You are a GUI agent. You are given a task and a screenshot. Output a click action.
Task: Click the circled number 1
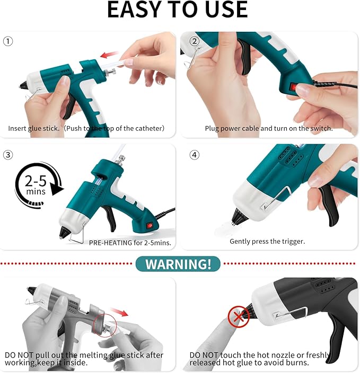pyautogui.click(x=8, y=41)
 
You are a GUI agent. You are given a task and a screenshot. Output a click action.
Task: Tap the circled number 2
pyautogui.click(x=195, y=41)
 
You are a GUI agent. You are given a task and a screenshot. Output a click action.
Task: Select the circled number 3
pyautogui.click(x=8, y=155)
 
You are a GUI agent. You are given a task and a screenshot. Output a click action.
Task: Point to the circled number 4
pyautogui.click(x=195, y=155)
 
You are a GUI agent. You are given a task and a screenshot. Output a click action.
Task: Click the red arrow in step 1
pyautogui.click(x=110, y=55)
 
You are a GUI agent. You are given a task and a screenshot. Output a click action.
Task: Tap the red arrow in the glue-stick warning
pyautogui.click(x=119, y=312)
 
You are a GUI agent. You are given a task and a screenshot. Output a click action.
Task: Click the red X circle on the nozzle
pyautogui.click(x=239, y=317)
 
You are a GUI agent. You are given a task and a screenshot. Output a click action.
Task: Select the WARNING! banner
pyautogui.click(x=178, y=264)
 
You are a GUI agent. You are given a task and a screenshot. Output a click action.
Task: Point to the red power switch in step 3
pyautogui.click(x=150, y=225)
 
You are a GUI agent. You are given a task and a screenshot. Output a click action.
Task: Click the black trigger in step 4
pyautogui.click(x=329, y=205)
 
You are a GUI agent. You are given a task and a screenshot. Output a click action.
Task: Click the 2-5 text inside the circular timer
pyautogui.click(x=36, y=181)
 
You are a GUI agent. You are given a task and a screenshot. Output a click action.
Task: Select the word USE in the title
pyautogui.click(x=226, y=10)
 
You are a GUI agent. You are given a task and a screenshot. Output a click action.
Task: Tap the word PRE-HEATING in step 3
pyautogui.click(x=110, y=243)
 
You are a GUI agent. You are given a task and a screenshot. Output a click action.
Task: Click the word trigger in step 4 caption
pyautogui.click(x=293, y=242)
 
